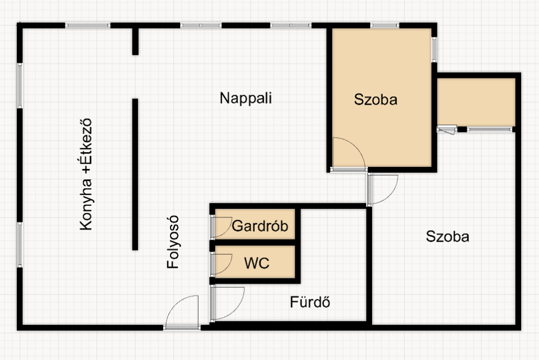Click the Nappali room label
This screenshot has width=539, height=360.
coord(246,98)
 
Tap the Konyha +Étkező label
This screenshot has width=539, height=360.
coord(86,174)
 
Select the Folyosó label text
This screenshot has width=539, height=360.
coord(173,242)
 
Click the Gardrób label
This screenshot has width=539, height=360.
coord(260,226)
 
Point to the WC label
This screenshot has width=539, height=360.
coord(257,263)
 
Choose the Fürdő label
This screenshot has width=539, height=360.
coord(310,303)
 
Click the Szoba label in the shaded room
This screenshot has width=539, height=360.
coord(375,99)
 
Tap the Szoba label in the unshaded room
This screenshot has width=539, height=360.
coord(447,237)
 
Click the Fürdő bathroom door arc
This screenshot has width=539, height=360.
coord(228,303)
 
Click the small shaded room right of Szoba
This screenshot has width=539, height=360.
coord(476,102)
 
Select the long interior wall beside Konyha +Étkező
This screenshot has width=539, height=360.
coord(135,174)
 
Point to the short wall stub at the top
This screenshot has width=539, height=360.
coord(135,41)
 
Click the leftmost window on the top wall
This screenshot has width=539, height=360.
coord(88,25)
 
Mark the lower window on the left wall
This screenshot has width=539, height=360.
coord(19,245)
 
